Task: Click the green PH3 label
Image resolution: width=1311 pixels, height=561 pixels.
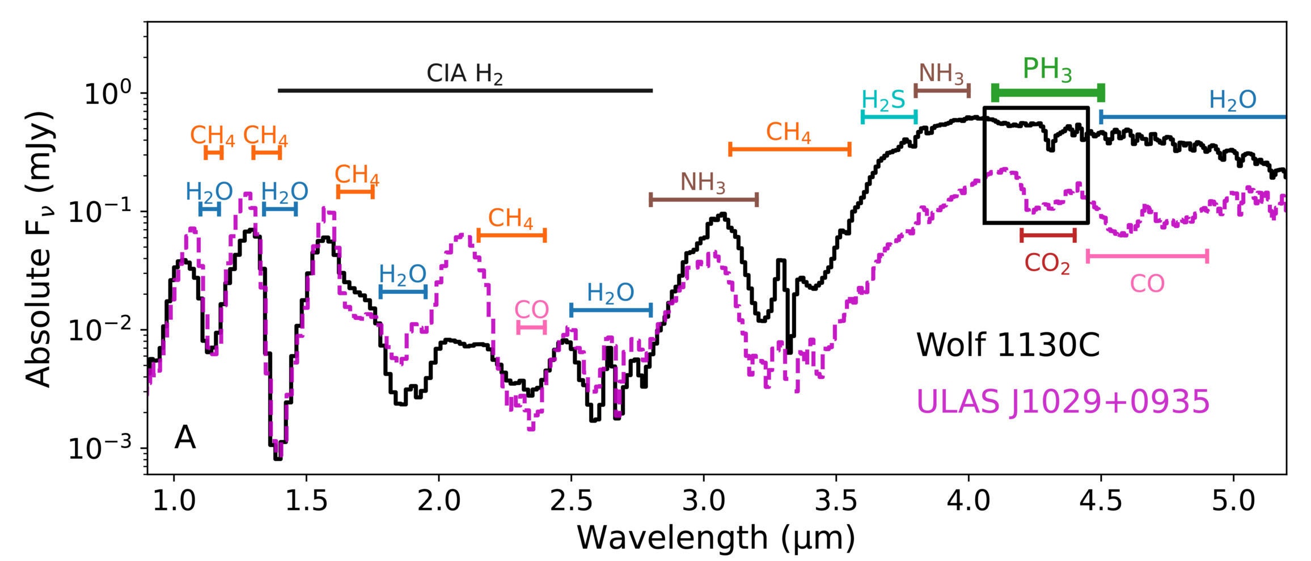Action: point(1047,70)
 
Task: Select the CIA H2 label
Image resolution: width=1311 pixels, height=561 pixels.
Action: point(464,74)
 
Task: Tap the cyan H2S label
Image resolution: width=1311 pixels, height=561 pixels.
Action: point(883,100)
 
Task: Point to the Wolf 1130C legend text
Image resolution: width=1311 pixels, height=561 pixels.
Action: point(1008,345)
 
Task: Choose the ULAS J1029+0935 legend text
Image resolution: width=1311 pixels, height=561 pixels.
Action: point(1063,402)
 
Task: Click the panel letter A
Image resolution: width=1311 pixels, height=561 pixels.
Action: point(185,438)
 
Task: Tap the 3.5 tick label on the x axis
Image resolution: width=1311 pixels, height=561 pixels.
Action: point(836,501)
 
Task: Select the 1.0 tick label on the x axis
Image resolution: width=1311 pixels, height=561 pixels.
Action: point(174,501)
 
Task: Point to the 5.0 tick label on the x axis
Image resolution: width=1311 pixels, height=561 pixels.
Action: point(1234,501)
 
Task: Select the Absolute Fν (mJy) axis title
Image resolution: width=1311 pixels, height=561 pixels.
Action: point(40,248)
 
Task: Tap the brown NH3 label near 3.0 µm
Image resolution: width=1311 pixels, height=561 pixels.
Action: point(703,183)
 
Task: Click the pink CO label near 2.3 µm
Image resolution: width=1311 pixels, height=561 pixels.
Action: point(531,310)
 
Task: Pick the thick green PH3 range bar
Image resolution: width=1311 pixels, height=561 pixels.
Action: point(1048,92)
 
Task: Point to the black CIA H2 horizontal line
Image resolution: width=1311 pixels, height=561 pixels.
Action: point(465,91)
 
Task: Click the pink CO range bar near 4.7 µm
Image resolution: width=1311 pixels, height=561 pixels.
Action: point(1147,256)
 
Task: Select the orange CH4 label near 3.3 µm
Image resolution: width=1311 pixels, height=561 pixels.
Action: point(788,133)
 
